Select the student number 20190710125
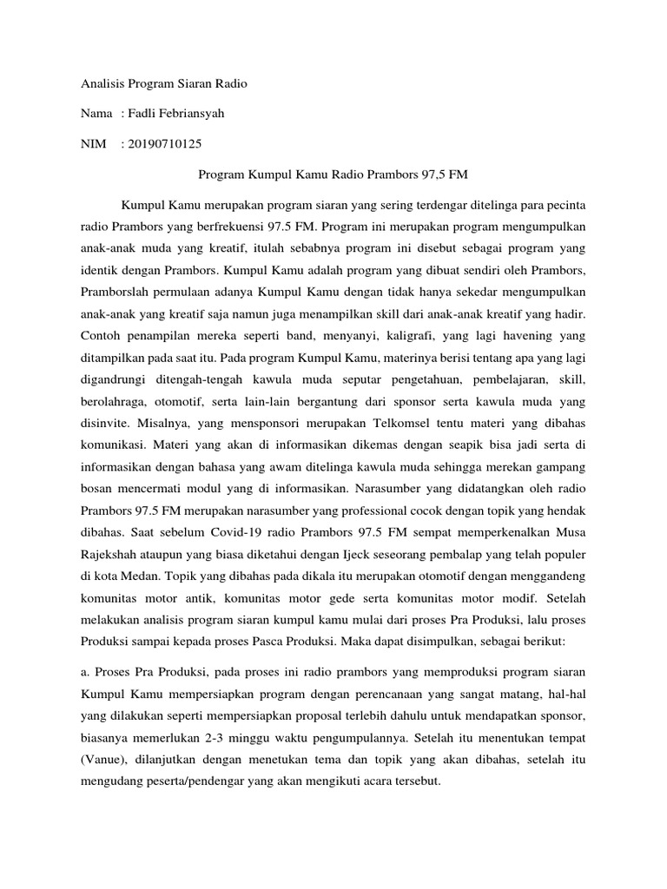[x=167, y=143]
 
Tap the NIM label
[x=94, y=143]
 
